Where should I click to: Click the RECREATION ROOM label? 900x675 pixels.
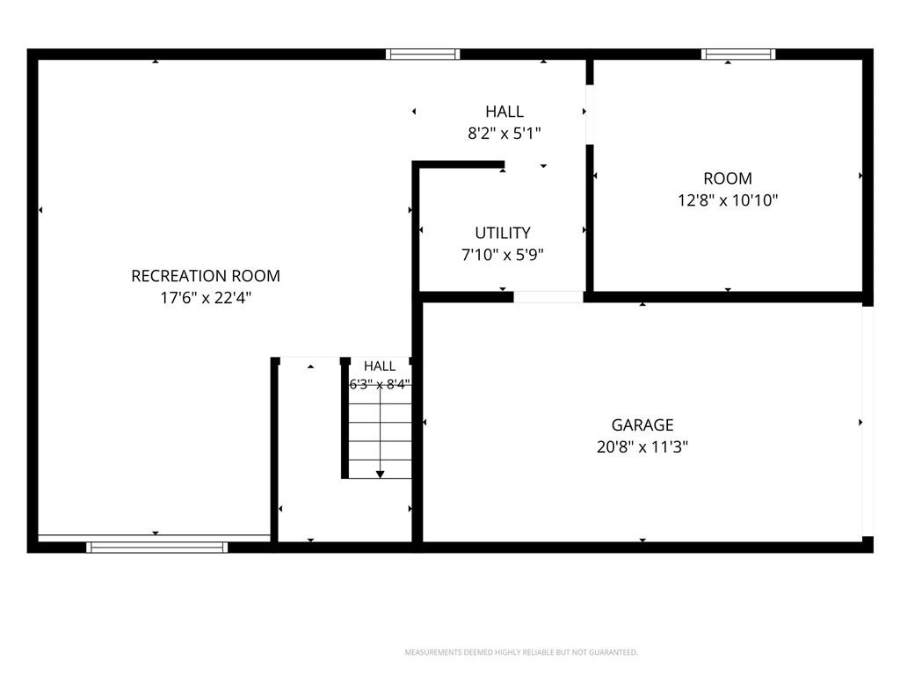[206, 276]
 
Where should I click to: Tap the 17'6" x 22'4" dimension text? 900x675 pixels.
[206, 298]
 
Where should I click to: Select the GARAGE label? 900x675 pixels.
[642, 425]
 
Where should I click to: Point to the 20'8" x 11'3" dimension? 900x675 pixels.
[642, 446]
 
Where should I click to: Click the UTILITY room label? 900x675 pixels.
[503, 232]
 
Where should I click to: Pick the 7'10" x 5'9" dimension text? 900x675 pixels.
[503, 254]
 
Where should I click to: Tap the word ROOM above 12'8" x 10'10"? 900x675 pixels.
[728, 178]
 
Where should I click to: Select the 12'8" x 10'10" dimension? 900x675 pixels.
[728, 200]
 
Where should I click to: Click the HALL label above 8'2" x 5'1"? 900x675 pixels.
[504, 112]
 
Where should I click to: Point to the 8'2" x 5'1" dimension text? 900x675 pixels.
[504, 134]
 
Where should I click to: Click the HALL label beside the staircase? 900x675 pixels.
[380, 367]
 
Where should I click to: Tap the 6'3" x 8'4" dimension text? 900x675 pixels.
[380, 384]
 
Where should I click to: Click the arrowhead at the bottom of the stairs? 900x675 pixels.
[380, 474]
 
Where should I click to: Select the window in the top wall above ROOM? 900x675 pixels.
[738, 54]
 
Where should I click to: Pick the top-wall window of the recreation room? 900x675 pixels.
[423, 54]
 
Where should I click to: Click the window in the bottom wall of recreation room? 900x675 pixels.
[156, 547]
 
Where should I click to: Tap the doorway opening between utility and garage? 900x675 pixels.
[548, 297]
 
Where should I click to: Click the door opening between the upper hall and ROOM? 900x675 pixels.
[590, 115]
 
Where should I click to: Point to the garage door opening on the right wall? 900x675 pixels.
[867, 421]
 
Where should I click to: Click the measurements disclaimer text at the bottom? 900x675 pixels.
[521, 652]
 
